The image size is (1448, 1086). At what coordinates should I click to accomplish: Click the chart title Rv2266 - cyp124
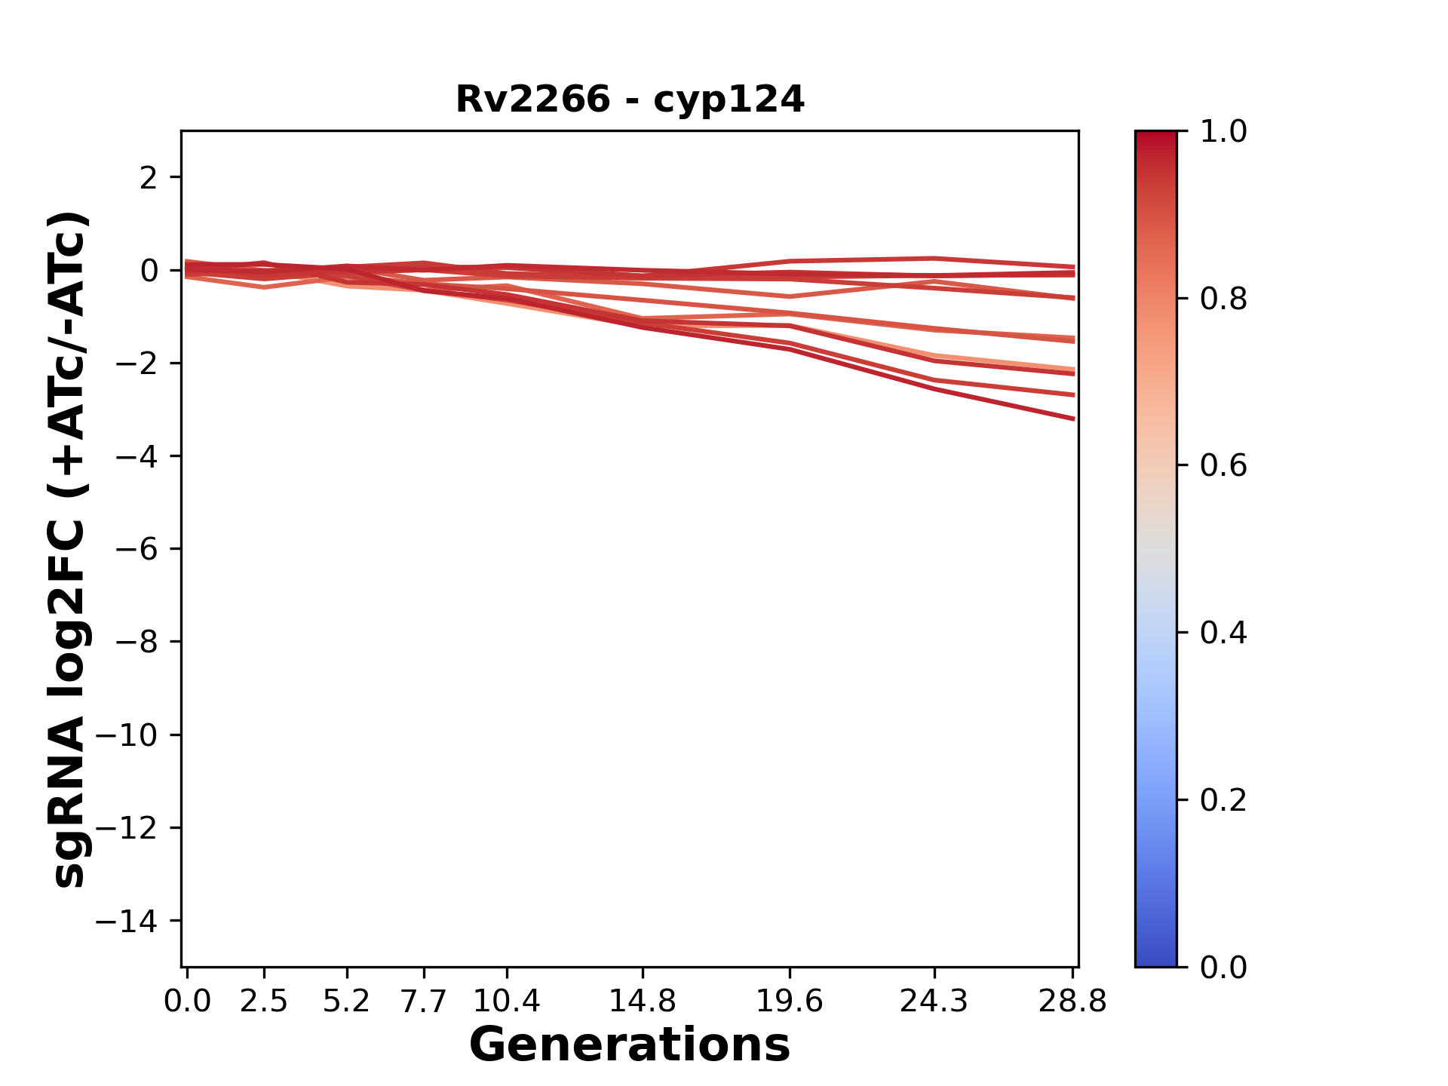pos(630,100)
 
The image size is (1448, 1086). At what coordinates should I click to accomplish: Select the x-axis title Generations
pos(630,1045)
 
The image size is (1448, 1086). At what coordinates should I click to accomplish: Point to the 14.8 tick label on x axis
pos(642,1002)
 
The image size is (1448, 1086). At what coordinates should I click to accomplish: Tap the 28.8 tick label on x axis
pos(1072,1002)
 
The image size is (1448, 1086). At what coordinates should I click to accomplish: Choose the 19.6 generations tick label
pos(789,1002)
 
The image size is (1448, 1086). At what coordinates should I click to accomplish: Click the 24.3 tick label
pos(934,1002)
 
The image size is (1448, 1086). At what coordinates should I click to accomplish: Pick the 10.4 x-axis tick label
pos(506,1002)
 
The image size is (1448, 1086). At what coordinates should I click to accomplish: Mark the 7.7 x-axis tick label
pos(424,1002)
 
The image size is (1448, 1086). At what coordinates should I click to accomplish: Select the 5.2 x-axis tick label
pos(346,1002)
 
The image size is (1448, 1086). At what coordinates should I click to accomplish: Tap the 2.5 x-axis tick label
pos(264,1002)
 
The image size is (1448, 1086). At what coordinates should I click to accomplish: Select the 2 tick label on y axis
pos(149,178)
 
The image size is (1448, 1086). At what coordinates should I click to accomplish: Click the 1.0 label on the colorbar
pos(1223,132)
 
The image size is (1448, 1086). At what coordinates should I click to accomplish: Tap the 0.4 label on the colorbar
pos(1223,633)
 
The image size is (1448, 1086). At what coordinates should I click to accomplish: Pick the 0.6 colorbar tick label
pos(1223,466)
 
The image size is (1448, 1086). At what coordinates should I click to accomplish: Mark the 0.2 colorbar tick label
pos(1223,800)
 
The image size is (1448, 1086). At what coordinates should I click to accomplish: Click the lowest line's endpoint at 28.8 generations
pos(1072,419)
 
